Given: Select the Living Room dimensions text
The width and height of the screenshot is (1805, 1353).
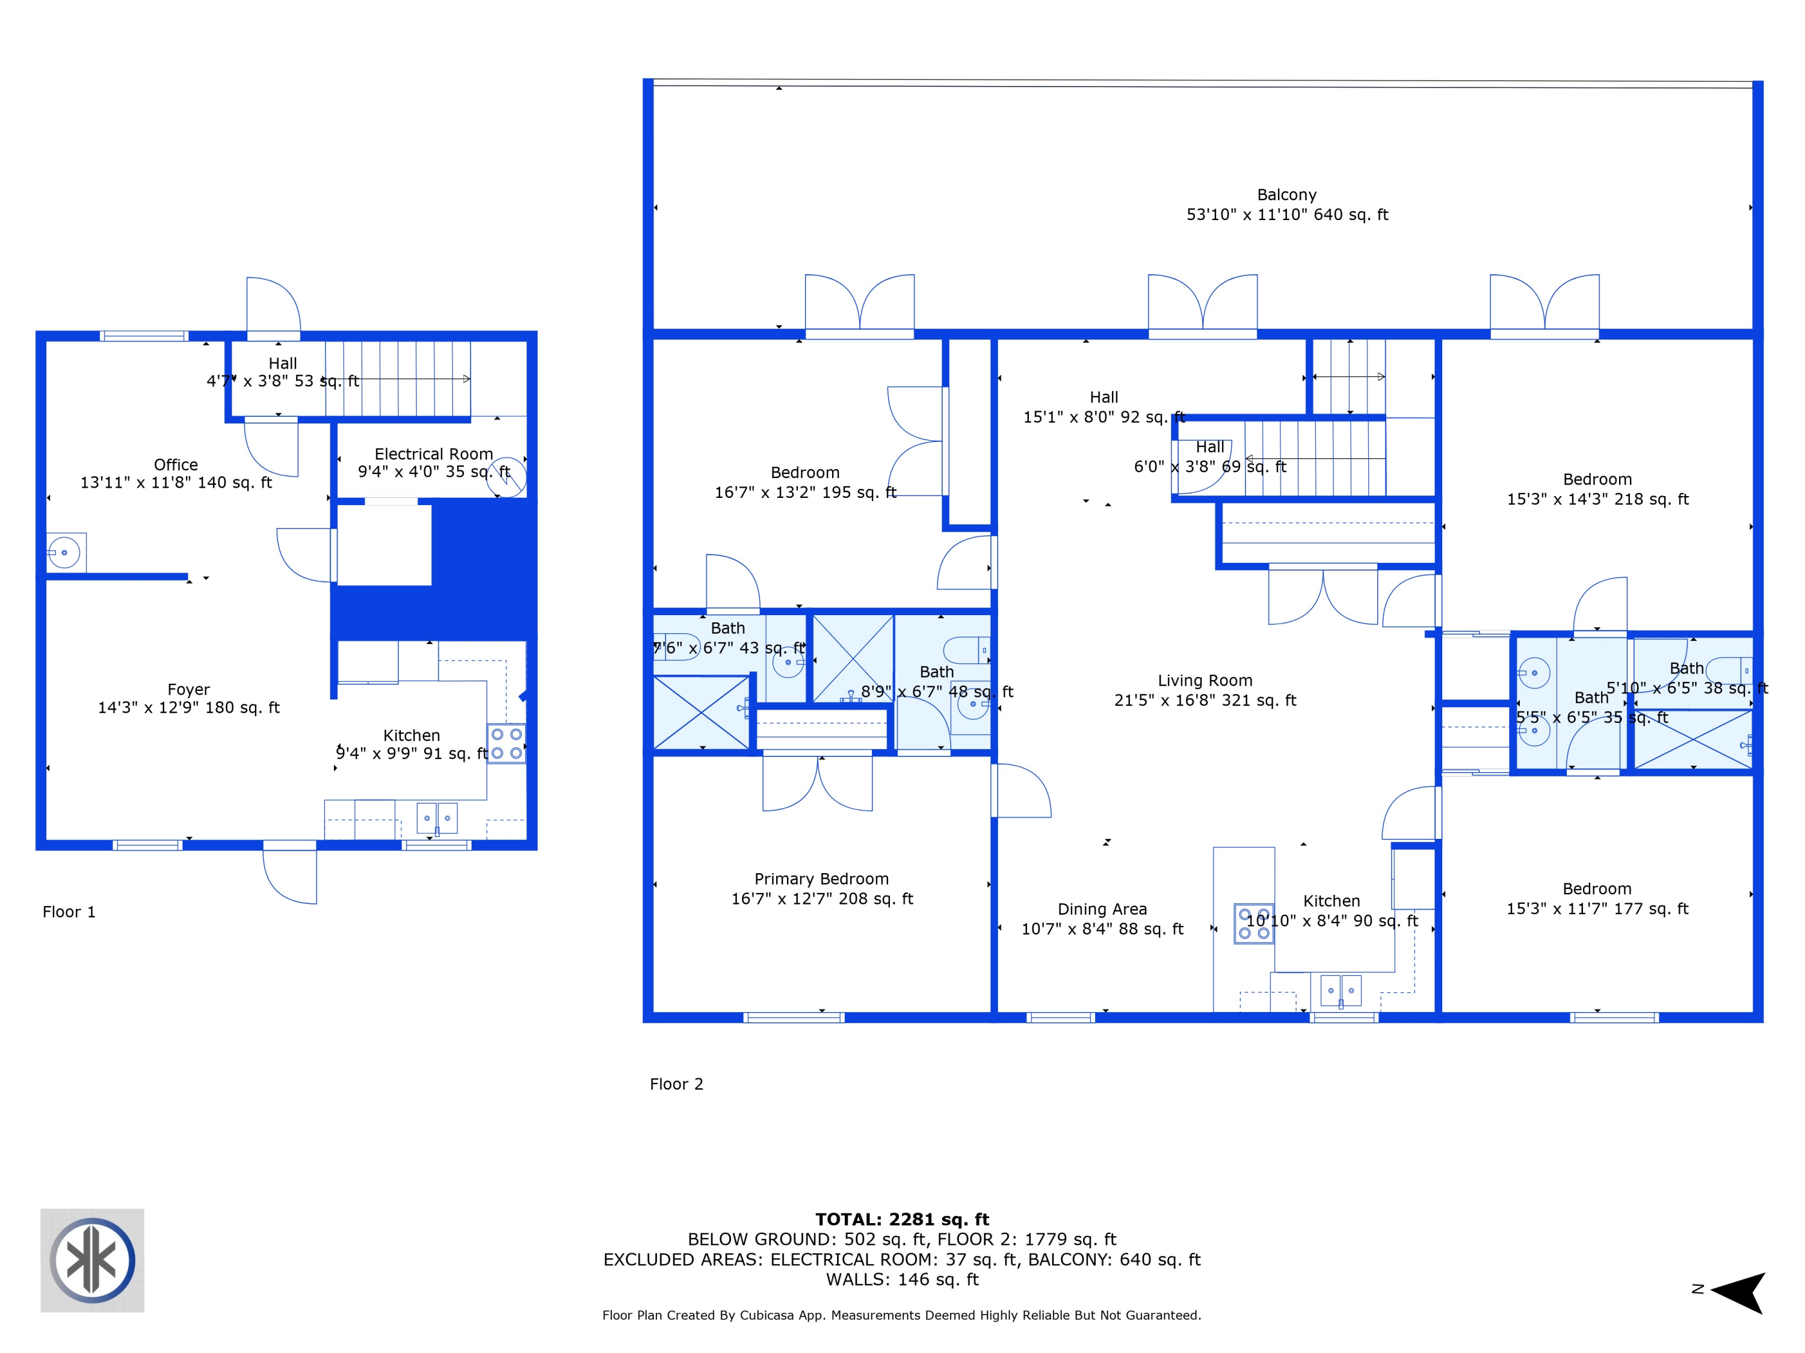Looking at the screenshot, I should click(x=1205, y=701).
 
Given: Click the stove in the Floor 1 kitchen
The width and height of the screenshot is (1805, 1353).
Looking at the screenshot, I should click(x=506, y=744).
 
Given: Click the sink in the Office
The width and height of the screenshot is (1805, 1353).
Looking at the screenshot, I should click(x=64, y=553).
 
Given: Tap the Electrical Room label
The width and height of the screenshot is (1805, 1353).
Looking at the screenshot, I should click(x=433, y=454).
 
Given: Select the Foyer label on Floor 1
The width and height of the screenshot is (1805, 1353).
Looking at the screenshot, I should click(x=188, y=690).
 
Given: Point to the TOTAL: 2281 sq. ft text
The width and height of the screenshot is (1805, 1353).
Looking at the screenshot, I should click(x=902, y=1220).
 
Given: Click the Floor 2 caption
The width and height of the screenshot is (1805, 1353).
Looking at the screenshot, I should click(x=676, y=1084).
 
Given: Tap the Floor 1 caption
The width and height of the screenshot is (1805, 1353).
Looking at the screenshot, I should click(x=69, y=912).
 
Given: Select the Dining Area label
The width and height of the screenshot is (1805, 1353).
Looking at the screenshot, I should click(x=1102, y=909).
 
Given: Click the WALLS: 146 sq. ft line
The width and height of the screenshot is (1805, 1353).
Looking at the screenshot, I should click(x=902, y=1280).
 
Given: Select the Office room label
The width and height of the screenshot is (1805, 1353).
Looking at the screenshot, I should click(x=176, y=465).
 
